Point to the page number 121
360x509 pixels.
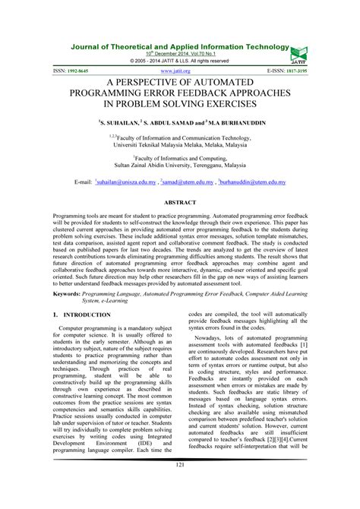pos(180,486)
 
